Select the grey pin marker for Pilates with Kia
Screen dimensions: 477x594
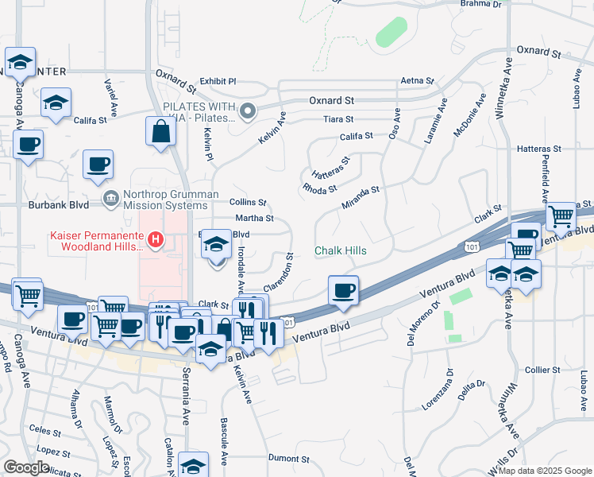[x=249, y=111]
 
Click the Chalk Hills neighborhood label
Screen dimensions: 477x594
[x=340, y=250]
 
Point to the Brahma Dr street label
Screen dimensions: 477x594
[x=481, y=4]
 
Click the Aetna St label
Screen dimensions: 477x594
[x=418, y=81]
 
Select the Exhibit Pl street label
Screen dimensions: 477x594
[x=218, y=81]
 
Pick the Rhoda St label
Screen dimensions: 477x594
[x=320, y=188]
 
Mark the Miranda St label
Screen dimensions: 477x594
[x=361, y=196]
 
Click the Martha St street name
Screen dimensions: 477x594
[x=254, y=218]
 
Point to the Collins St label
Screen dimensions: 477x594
[x=248, y=203]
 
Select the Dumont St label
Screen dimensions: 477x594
[x=288, y=459]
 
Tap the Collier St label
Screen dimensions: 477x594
[x=543, y=370]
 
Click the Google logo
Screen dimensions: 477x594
[x=25, y=467]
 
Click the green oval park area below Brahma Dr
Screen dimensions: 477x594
[x=391, y=32]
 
